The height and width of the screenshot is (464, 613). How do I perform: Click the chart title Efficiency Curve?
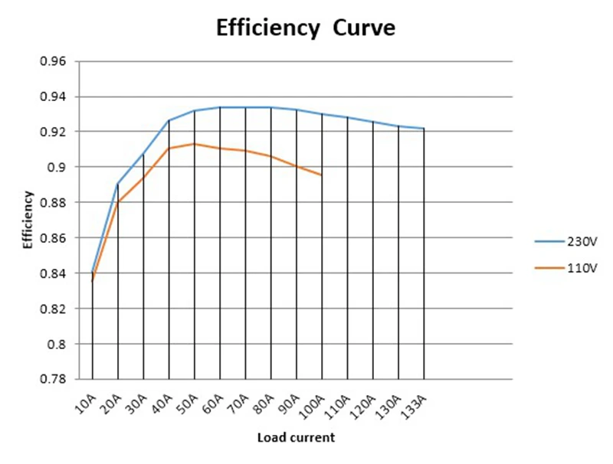pyautogui.click(x=306, y=28)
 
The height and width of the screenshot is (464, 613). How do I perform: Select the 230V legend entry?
pyautogui.click(x=566, y=242)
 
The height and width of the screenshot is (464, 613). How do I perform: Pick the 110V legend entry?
pyautogui.click(x=566, y=268)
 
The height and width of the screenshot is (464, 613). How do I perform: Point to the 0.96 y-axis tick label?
pyautogui.click(x=53, y=61)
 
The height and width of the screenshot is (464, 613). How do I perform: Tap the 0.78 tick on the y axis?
pyautogui.click(x=53, y=379)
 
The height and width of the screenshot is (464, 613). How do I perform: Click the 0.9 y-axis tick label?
pyautogui.click(x=56, y=167)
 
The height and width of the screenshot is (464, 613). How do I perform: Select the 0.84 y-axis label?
pyautogui.click(x=53, y=273)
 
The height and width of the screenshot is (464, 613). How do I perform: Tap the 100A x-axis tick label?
pyautogui.click(x=312, y=407)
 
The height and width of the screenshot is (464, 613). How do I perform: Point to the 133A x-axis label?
pyautogui.click(x=414, y=407)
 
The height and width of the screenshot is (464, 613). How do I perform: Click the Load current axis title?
pyautogui.click(x=296, y=437)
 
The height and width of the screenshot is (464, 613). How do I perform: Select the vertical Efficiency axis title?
pyautogui.click(x=28, y=220)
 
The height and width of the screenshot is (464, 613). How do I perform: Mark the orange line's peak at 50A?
pyautogui.click(x=195, y=144)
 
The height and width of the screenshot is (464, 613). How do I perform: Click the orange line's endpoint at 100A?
pyautogui.click(x=322, y=175)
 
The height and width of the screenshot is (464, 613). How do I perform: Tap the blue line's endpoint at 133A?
pyautogui.click(x=424, y=128)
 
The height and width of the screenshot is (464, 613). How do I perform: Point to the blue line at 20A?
pyautogui.click(x=118, y=184)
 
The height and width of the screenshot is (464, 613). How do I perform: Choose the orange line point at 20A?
pyautogui.click(x=118, y=202)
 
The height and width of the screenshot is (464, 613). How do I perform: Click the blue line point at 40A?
pyautogui.click(x=169, y=120)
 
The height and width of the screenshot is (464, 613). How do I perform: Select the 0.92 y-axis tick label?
pyautogui.click(x=53, y=132)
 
